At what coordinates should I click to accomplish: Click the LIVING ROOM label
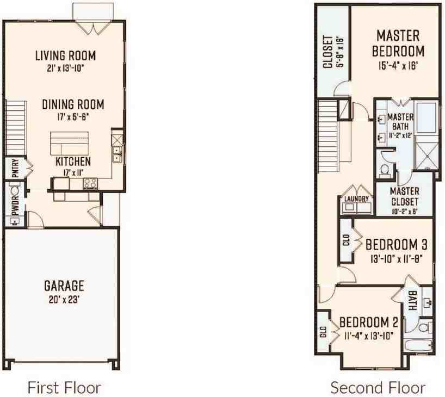65,55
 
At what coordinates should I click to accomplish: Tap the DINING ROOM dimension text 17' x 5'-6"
73,116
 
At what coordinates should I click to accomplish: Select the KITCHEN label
73,162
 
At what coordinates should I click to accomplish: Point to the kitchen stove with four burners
90,184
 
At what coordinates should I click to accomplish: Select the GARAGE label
64,285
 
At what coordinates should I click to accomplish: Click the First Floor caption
64,387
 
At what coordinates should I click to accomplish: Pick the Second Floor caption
378,387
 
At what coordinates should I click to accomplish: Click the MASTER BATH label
400,122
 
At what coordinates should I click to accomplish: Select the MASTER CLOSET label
404,196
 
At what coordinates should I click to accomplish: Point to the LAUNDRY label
356,199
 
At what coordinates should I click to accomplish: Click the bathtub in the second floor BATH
418,345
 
